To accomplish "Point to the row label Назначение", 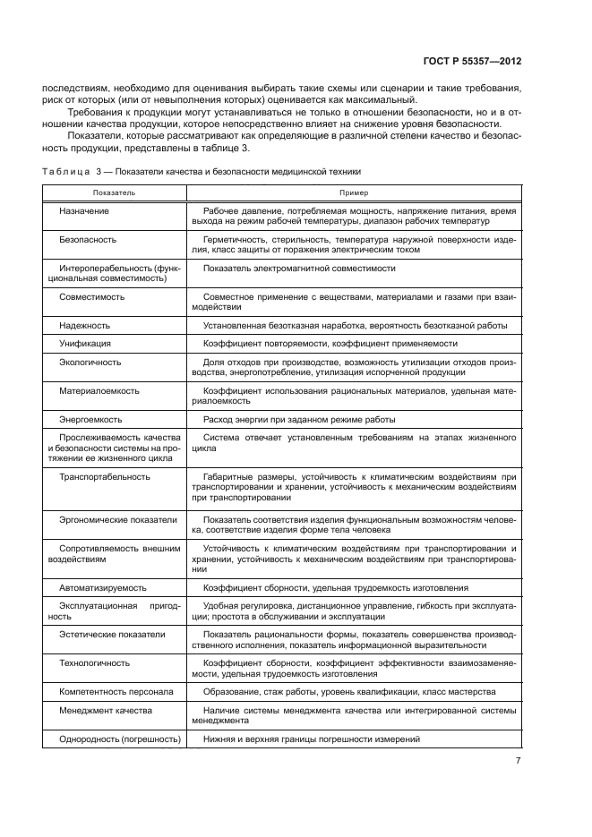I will click(84, 209).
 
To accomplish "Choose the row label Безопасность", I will click(88, 241).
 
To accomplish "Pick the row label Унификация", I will click(85, 343).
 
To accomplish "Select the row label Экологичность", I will click(90, 362).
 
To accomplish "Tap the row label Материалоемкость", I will click(98, 390).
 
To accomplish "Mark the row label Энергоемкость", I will click(90, 419).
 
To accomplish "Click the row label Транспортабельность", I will click(104, 476).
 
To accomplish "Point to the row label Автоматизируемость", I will click(103, 587).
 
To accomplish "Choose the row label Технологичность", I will click(94, 662).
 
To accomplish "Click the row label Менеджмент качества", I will click(105, 710).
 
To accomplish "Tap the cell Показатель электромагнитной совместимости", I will click(299, 268).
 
